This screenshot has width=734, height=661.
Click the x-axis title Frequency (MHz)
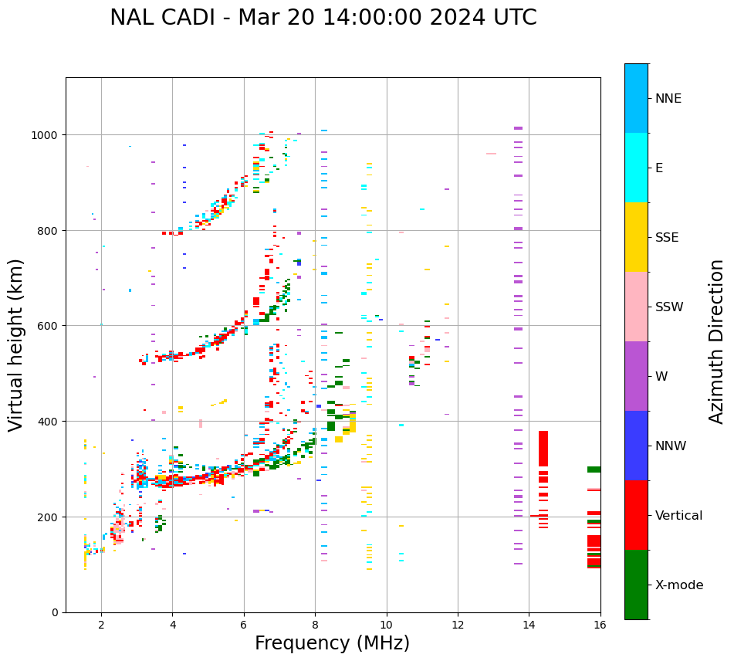332,643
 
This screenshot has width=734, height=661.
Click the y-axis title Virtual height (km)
16,344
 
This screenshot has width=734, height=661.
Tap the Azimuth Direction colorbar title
717,341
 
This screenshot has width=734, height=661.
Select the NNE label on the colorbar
668,98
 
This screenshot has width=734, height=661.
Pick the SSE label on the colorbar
667,237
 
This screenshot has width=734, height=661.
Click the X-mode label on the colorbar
679,585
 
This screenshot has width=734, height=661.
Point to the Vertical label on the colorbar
679,515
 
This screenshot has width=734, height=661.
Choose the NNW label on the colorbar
671,446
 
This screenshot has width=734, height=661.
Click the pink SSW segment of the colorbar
636,307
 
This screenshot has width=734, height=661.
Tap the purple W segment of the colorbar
636,376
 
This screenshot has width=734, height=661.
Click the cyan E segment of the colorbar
636,168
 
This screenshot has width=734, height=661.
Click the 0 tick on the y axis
56,612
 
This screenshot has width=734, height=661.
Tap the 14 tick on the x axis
529,624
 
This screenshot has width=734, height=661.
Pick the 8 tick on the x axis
315,624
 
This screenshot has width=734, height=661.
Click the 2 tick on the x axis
101,624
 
